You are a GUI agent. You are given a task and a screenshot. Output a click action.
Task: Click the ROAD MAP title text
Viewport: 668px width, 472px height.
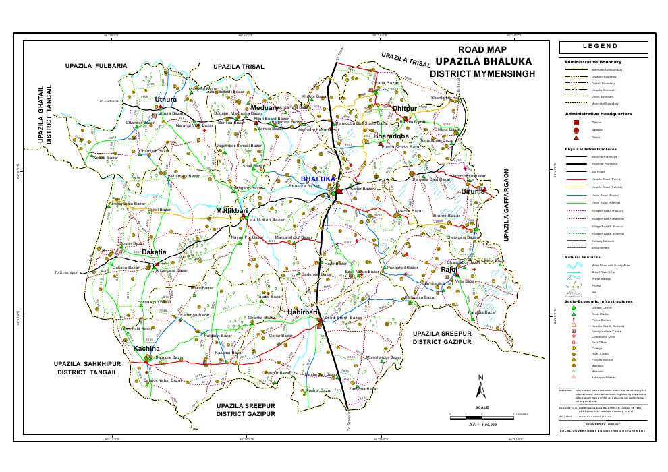[x=482, y=49]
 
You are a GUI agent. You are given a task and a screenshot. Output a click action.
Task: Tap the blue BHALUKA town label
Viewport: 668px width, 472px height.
[x=318, y=179]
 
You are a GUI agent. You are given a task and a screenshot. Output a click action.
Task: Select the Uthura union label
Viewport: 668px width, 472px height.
[x=166, y=100]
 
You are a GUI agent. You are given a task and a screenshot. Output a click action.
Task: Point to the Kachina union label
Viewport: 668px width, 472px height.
[x=146, y=349]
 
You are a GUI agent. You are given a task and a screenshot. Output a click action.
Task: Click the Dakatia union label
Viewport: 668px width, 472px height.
[x=154, y=252]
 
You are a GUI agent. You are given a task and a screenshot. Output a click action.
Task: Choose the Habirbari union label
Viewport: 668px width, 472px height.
[x=302, y=312]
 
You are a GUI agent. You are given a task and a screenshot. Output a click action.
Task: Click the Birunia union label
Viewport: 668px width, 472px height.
[x=473, y=191]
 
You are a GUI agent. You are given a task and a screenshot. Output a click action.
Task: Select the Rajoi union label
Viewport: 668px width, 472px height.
[x=449, y=270]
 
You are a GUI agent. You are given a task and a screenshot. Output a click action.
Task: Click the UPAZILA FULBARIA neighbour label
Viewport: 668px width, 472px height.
[x=96, y=66]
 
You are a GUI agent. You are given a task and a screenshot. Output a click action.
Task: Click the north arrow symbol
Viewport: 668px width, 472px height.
[x=480, y=389]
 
